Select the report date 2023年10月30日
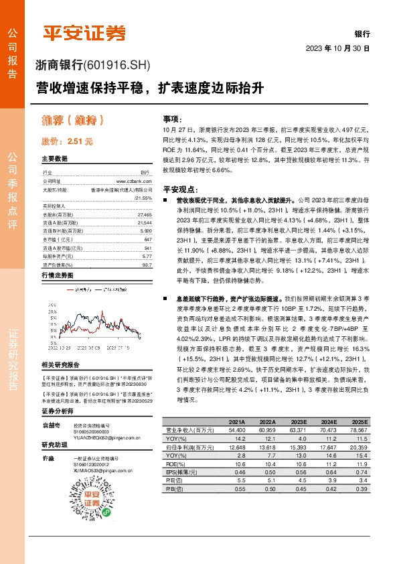click(337, 49)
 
